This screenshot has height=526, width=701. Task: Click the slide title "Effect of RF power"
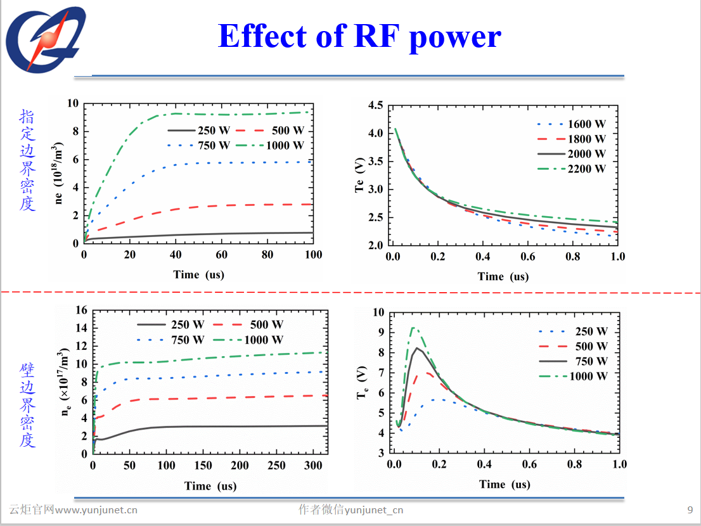(x=359, y=37)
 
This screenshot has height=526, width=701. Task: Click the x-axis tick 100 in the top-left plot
(x=313, y=255)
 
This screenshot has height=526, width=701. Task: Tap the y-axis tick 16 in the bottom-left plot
(x=80, y=310)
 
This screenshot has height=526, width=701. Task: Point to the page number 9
(x=690, y=510)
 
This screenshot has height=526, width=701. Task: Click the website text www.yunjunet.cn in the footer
(x=96, y=510)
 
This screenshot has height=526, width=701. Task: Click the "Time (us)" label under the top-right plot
(x=503, y=276)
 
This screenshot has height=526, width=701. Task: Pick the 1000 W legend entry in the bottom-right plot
(x=588, y=376)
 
